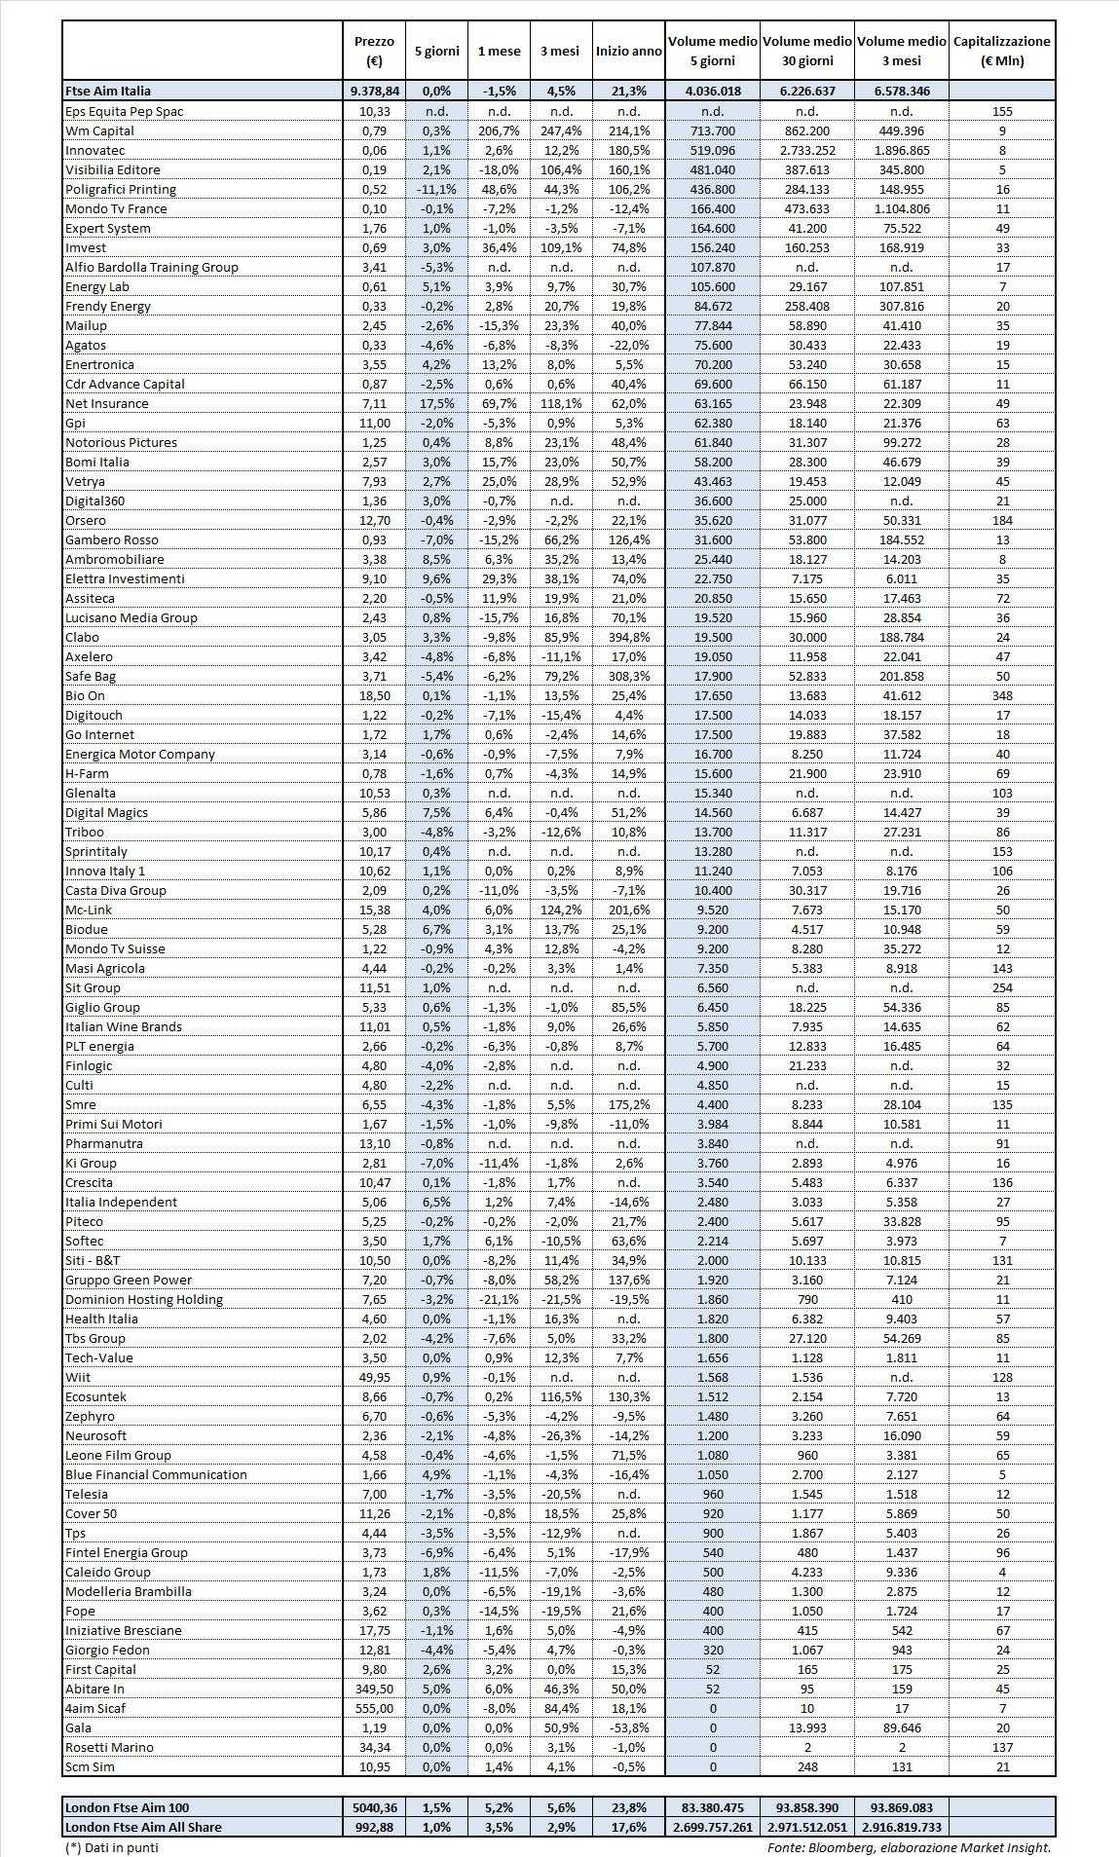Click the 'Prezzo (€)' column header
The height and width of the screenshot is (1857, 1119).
[375, 51]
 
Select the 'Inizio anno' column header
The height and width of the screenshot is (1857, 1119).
[628, 52]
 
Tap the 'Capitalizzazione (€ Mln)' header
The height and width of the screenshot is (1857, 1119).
[1001, 51]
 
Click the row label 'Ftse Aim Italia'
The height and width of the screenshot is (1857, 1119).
[108, 92]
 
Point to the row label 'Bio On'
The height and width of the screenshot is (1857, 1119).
[85, 695]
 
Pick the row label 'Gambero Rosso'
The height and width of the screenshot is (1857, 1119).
[111, 539]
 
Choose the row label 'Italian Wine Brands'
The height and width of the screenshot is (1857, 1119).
[123, 1026]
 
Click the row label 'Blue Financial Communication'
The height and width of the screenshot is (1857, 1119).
[156, 1474]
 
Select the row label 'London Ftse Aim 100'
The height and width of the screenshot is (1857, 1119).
[127, 1807]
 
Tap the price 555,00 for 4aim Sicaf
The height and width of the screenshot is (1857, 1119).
[375, 1708]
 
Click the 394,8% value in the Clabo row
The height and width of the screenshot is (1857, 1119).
[628, 637]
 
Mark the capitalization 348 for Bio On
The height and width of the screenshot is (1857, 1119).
[1001, 695]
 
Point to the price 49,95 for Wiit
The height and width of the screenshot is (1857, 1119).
[375, 1377]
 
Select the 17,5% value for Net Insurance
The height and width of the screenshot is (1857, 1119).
[435, 403]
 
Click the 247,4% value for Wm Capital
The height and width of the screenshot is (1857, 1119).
[560, 130]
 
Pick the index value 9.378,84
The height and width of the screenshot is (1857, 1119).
[375, 92]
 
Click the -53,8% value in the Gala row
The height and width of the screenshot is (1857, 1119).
[628, 1727]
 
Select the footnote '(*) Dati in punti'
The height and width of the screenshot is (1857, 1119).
[111, 1846]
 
